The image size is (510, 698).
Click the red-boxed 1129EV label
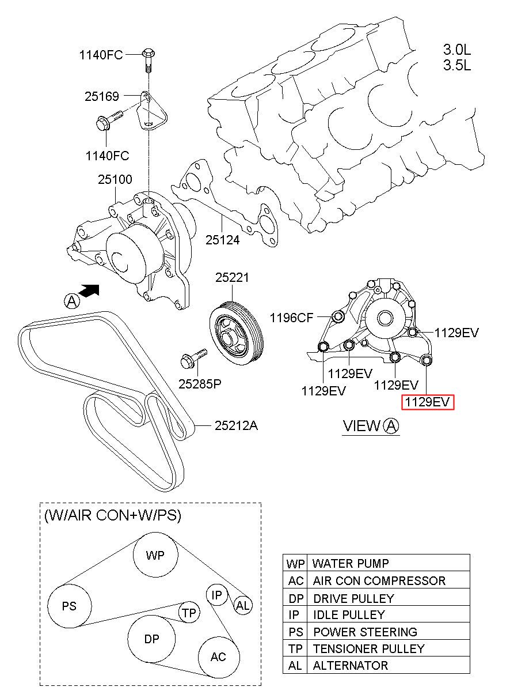coord(428,402)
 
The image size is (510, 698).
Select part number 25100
coord(115,180)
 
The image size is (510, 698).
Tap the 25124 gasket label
coord(223,239)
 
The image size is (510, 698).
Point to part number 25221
coord(233,277)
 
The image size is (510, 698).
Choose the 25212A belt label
coord(236,426)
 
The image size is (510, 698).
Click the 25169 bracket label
coord(102,97)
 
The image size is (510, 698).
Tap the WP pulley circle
coord(155,556)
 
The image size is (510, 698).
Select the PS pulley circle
coord(69,606)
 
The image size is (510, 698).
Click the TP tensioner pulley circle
coord(189,614)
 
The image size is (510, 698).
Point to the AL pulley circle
coord(243,605)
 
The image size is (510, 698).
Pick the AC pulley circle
coord(218,657)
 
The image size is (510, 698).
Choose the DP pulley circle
coord(151,639)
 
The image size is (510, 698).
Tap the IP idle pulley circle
coord(217,595)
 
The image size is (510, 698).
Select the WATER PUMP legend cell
coord(351,563)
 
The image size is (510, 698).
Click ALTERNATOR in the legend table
coord(351,665)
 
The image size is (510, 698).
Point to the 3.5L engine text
coord(457,65)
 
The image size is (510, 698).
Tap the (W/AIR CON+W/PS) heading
coord(113,515)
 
